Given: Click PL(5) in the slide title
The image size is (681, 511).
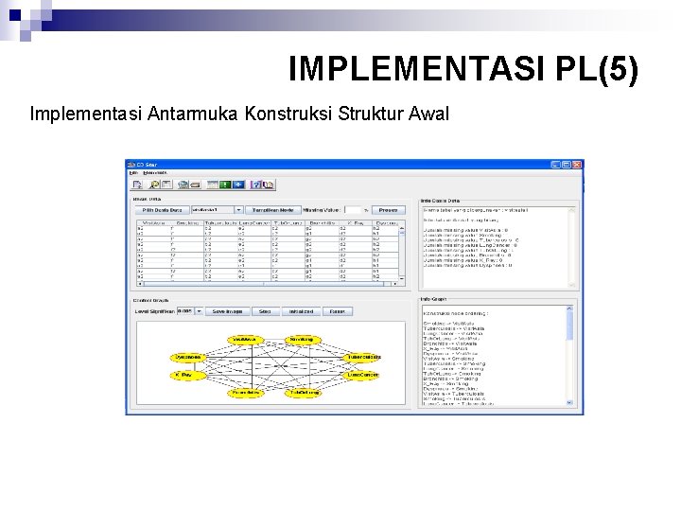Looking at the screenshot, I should point(599,68).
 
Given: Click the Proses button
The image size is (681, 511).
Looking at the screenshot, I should point(388,209).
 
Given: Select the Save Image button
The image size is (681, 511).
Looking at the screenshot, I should point(228,310).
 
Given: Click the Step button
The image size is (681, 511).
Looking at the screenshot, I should point(265,310).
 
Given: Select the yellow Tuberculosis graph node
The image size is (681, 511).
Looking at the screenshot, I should point(363,357).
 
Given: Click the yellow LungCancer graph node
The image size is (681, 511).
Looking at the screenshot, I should point(363,375).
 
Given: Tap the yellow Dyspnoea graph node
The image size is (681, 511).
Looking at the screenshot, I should point(187,357).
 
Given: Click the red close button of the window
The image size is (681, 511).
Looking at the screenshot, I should point(577,165).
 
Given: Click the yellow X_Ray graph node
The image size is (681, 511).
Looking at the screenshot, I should point(187,375).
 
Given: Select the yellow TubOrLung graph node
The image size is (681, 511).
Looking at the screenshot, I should point(304,392).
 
